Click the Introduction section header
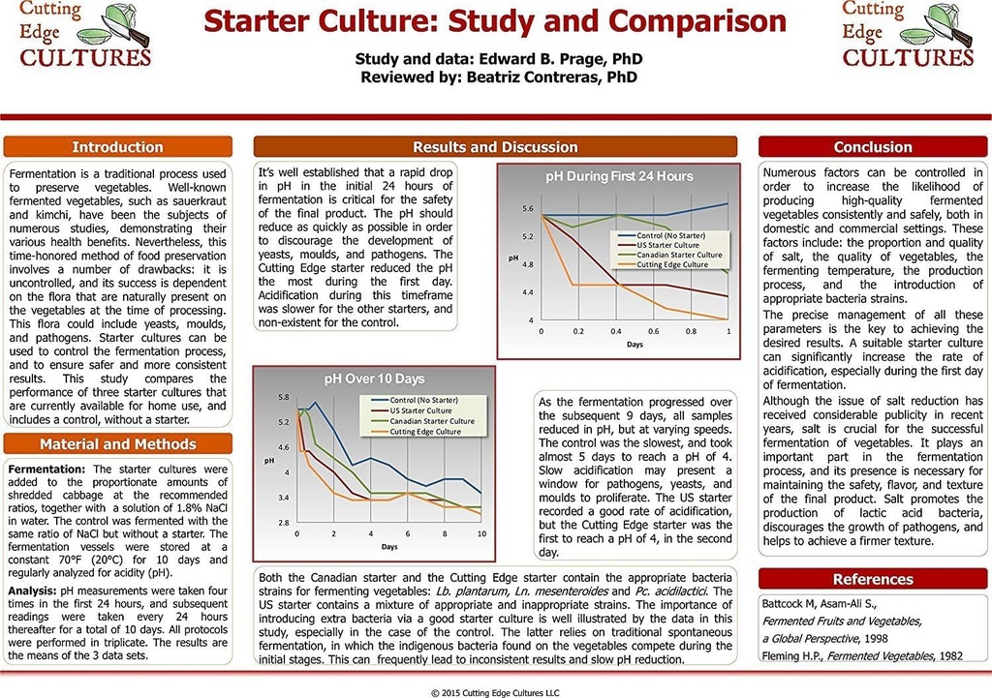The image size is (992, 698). pos(118,147)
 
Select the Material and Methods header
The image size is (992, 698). pos(118,444)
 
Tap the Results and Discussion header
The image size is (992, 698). pos(495,147)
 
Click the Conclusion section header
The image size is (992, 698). pos(873,147)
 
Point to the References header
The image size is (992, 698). pos(873,579)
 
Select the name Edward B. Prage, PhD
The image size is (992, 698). pos(555,59)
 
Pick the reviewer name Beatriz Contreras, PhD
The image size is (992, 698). pos(554,77)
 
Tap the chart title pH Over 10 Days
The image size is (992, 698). pos(373,379)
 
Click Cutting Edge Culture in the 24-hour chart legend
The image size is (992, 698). pos(671,264)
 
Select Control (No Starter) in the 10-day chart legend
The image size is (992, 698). pos(423,400)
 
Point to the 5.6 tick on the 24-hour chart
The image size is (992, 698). pos(528,209)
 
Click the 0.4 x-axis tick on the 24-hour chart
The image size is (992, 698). pos(616,331)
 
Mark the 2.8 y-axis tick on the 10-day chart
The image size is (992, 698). pos(283,523)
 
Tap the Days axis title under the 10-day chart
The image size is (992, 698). pos(388,547)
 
